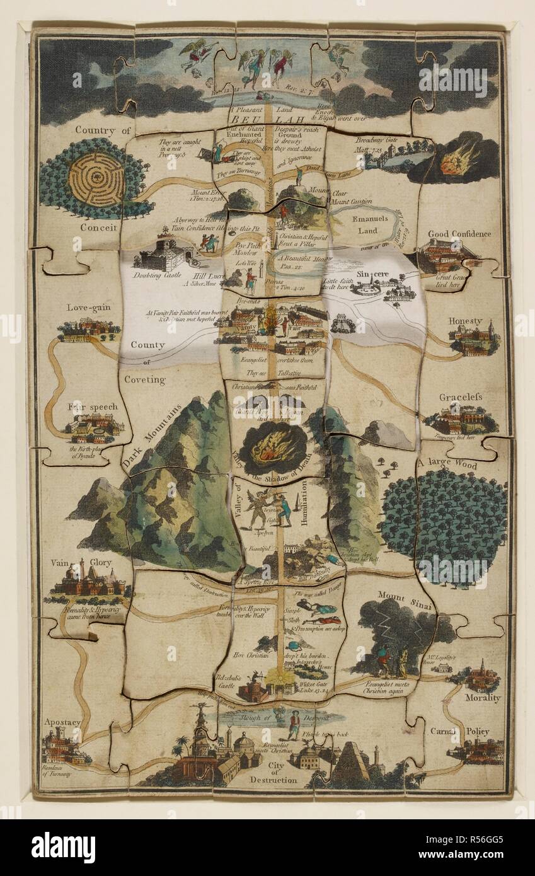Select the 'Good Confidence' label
[459, 234]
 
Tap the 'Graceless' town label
[461, 397]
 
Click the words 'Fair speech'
[93, 406]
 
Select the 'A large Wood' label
[447, 464]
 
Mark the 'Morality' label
[483, 698]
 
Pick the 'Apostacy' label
[62, 722]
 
